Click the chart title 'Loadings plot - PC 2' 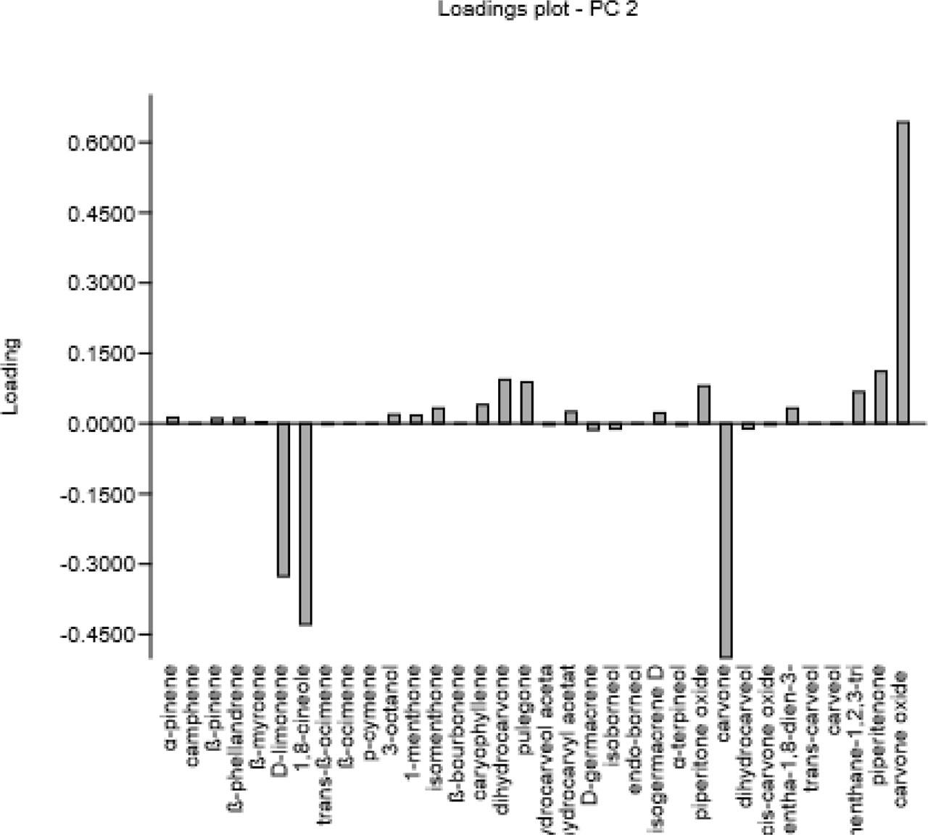pyautogui.click(x=537, y=10)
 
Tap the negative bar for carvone pyautogui.click(x=726, y=540)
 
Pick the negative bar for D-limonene pyautogui.click(x=283, y=499)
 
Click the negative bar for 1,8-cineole pyautogui.click(x=305, y=523)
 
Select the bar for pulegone pyautogui.click(x=527, y=402)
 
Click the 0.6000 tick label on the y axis pyautogui.click(x=101, y=143)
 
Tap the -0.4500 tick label pyautogui.click(x=99, y=635)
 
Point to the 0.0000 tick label pyautogui.click(x=101, y=424)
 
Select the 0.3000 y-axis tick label pyautogui.click(x=101, y=283)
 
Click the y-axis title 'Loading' pyautogui.click(x=11, y=376)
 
